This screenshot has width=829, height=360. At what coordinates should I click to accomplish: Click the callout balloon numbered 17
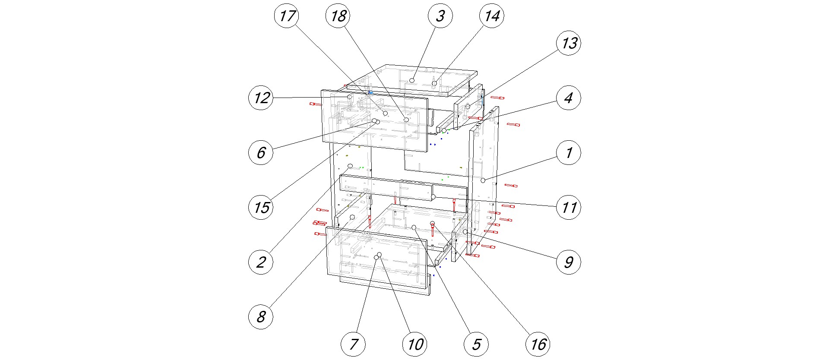pos(287,16)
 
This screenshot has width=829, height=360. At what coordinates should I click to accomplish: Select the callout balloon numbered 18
pos(338,16)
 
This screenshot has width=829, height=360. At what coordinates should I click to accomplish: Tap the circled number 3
pos(440,16)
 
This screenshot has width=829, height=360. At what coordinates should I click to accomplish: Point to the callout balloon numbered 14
pos(492,16)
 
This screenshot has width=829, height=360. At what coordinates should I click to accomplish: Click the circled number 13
pos(569,43)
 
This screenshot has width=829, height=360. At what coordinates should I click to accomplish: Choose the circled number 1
pos(569,152)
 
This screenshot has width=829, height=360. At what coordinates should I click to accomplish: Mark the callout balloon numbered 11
pos(569,207)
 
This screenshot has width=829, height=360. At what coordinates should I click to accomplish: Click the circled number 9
pos(569,262)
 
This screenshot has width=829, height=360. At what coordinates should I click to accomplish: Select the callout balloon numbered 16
pos(538,344)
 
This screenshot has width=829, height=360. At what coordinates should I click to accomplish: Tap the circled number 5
pos(476,344)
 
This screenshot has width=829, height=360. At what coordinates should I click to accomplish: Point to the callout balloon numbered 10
pos(415,344)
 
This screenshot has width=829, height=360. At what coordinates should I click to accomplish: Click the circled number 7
pos(353,344)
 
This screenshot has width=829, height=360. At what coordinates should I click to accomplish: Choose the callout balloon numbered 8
pos(261,316)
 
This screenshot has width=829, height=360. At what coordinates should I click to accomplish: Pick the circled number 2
pos(261,262)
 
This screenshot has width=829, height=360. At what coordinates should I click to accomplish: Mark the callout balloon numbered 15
pos(261,207)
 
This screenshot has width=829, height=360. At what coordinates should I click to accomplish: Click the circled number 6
pos(261,152)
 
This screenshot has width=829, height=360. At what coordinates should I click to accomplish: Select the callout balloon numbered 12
pos(261,98)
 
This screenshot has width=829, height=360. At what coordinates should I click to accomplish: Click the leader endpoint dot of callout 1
pos(483,180)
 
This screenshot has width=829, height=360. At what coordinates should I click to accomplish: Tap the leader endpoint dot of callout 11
pos(433,197)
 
